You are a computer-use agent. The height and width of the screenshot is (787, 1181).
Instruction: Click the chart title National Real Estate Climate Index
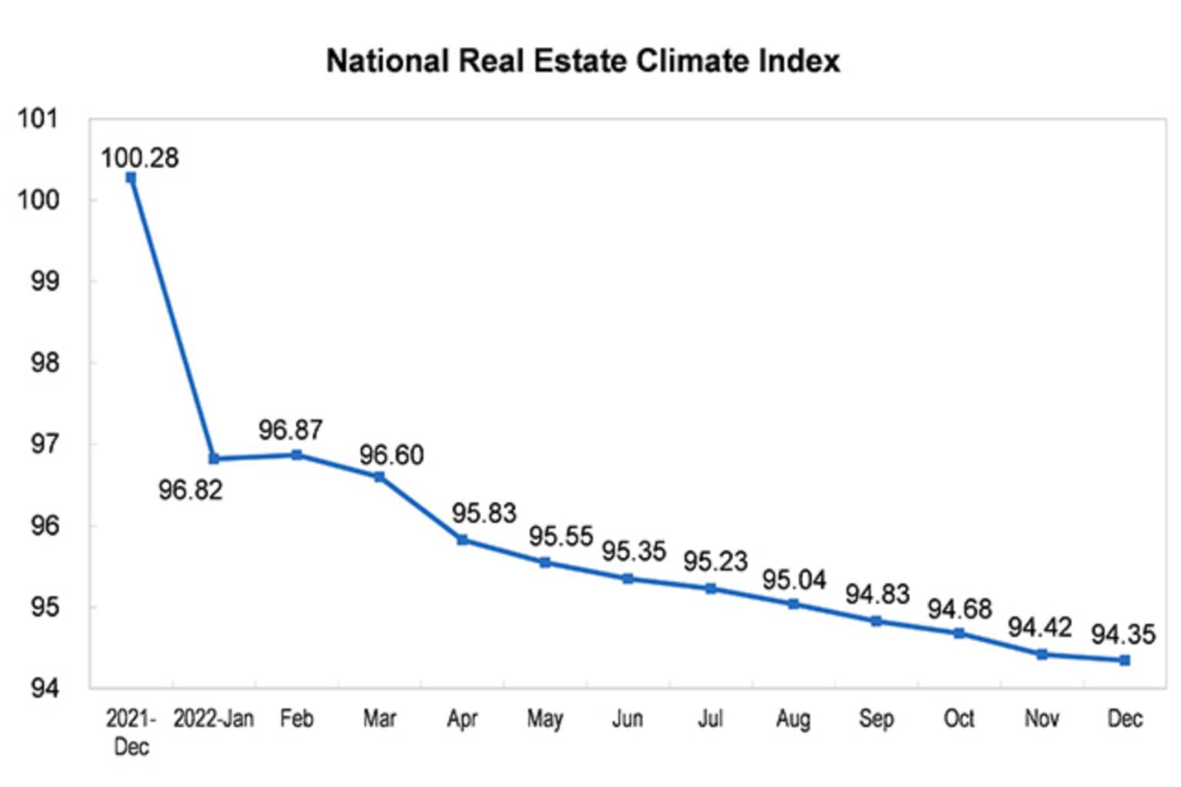pyautogui.click(x=583, y=61)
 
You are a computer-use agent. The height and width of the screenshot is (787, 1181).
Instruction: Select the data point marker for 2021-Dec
pyautogui.click(x=131, y=178)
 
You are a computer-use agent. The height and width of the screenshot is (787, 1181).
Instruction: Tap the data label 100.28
pyautogui.click(x=140, y=158)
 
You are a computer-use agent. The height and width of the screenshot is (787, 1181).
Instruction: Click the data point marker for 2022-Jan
pyautogui.click(x=214, y=459)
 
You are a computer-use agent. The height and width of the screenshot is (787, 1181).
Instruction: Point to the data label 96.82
pyautogui.click(x=190, y=490)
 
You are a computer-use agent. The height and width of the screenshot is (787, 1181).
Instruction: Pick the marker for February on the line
pyautogui.click(x=297, y=455)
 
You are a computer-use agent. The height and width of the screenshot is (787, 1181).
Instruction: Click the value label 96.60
pyautogui.click(x=391, y=455)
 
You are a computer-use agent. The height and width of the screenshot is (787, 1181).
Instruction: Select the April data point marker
pyautogui.click(x=462, y=540)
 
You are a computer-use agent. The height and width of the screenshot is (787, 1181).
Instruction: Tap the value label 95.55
pyautogui.click(x=561, y=536)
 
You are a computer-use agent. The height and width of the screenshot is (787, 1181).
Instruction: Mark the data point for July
pyautogui.click(x=711, y=589)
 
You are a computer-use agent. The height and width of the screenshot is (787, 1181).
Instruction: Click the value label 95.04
pyautogui.click(x=794, y=579)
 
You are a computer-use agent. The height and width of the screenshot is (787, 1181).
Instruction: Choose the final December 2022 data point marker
pyautogui.click(x=1125, y=660)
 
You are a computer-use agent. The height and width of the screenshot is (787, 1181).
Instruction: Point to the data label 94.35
pyautogui.click(x=1123, y=634)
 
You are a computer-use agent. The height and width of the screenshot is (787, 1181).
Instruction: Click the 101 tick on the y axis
pyautogui.click(x=38, y=119)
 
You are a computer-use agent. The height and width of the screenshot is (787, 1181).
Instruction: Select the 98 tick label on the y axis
pyautogui.click(x=45, y=363)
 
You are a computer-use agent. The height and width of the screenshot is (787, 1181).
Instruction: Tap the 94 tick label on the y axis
pyautogui.click(x=45, y=688)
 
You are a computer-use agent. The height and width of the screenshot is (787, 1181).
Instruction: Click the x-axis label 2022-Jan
pyautogui.click(x=213, y=719)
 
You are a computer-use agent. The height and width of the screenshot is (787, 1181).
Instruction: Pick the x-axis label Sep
pyautogui.click(x=876, y=719)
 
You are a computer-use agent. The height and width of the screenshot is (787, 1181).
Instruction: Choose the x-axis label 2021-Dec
pyautogui.click(x=131, y=732)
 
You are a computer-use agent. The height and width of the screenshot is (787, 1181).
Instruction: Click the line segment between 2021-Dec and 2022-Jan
pyautogui.click(x=172, y=318)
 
